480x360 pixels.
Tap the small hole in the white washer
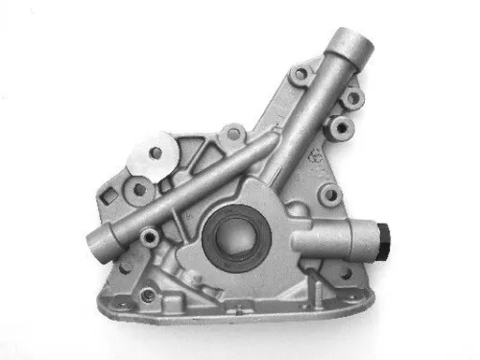pyautogui.click(x=155, y=151)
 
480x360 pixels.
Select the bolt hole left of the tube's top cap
pyautogui.click(x=301, y=73)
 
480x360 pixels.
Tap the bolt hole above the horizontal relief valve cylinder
pyautogui.click(x=331, y=196)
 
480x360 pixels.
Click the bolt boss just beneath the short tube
pyautogui.click(x=149, y=235)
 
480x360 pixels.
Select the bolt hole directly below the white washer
pyautogui.click(x=139, y=189)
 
